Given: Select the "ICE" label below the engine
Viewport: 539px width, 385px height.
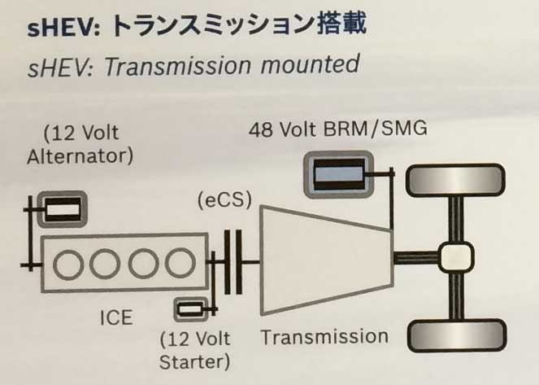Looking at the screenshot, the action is click(x=115, y=317).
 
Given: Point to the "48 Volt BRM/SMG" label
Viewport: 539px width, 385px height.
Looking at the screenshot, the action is click(x=338, y=129).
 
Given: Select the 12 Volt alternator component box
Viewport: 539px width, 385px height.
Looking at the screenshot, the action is click(x=63, y=211).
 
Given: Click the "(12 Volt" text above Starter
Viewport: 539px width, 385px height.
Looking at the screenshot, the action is click(x=196, y=339).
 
